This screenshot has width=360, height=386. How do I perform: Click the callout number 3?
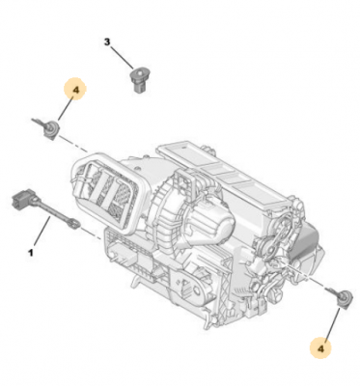click(107, 41)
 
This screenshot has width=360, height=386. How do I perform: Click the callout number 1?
click(31, 253)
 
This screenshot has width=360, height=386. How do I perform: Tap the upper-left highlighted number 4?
click(75, 90)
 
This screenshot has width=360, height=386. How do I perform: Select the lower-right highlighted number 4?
click(320, 347)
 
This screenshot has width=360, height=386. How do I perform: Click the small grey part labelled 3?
click(139, 81)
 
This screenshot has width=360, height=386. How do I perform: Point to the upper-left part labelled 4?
click(48, 127)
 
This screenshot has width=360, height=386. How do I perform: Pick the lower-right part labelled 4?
click(340, 298)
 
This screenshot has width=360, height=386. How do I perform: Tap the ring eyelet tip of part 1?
click(73, 223)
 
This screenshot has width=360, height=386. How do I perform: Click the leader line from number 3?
click(122, 58)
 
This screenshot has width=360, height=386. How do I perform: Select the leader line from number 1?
click(42, 232)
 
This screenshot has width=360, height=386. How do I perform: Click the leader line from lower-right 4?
click(332, 325)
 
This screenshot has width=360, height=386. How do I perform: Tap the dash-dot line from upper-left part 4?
click(73, 144)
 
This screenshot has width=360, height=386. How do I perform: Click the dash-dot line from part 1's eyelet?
click(91, 234)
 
